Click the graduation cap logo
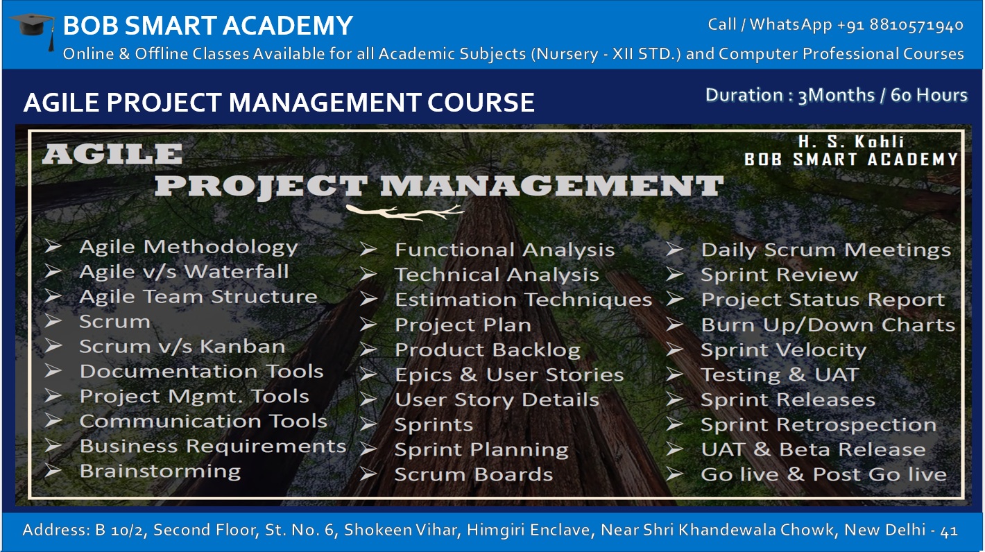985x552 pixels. click(33, 31)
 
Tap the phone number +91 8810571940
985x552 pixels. click(900, 25)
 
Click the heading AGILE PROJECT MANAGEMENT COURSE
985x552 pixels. click(279, 103)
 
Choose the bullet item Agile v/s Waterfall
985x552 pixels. click(184, 272)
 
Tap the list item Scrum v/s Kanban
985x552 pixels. click(182, 347)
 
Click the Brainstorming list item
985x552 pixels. click(160, 472)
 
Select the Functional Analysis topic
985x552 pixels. click(504, 250)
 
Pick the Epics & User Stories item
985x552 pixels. click(509, 375)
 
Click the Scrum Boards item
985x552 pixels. click(473, 475)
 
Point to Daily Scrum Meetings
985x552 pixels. click(825, 250)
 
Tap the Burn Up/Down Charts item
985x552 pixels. click(828, 325)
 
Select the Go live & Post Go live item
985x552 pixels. click(823, 475)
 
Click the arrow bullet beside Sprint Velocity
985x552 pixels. click(675, 350)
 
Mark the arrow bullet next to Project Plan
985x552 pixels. click(368, 325)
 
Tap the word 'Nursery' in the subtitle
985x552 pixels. click(562, 54)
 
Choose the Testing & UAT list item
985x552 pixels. click(779, 375)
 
